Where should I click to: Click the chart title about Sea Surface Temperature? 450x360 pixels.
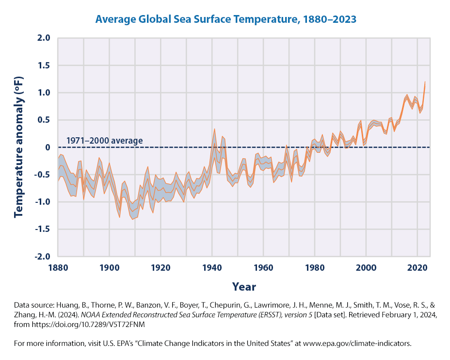(x=226, y=19)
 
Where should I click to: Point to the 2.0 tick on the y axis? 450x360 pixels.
(x=44, y=38)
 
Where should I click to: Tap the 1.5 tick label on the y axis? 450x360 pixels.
(x=44, y=65)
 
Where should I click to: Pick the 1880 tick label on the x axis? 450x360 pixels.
(x=58, y=268)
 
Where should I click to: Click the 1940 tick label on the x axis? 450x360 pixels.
(x=212, y=268)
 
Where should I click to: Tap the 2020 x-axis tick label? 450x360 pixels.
(x=417, y=268)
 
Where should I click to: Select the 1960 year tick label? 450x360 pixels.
(x=263, y=268)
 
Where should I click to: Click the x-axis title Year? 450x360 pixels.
(x=244, y=286)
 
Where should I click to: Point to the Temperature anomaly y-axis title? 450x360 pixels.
(x=19, y=147)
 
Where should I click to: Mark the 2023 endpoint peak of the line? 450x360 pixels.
(x=425, y=82)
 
